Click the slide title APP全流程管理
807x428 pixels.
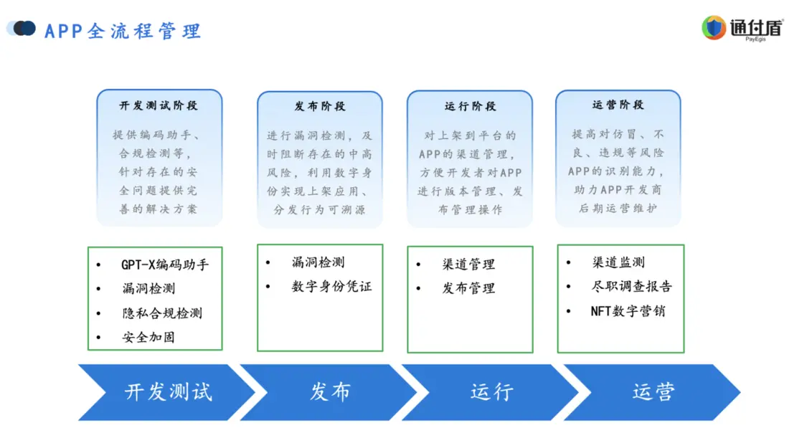pyautogui.click(x=123, y=32)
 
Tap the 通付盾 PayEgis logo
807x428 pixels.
pyautogui.click(x=742, y=28)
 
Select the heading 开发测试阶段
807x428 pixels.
pyautogui.click(x=159, y=105)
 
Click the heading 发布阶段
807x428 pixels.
pyautogui.click(x=319, y=106)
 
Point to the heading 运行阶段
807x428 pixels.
pyautogui.click(x=470, y=106)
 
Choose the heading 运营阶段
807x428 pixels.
pyautogui.click(x=618, y=105)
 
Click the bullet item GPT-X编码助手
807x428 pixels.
pyautogui.click(x=165, y=265)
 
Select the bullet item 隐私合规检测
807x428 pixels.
pyautogui.click(x=162, y=313)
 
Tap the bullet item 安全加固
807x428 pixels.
pyautogui.click(x=148, y=337)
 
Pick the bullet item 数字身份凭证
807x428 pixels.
pyautogui.click(x=331, y=287)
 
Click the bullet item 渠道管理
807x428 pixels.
pyautogui.click(x=468, y=265)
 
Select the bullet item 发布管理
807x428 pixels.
pyautogui.click(x=468, y=288)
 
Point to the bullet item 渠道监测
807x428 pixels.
pyautogui.click(x=618, y=262)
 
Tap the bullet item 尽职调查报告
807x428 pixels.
pyautogui.click(x=632, y=287)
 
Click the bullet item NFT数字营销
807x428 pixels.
pyautogui.click(x=628, y=311)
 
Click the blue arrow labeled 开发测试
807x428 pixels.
pyautogui.click(x=168, y=392)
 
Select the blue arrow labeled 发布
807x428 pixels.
pyautogui.click(x=330, y=392)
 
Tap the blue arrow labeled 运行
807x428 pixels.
pyautogui.click(x=491, y=392)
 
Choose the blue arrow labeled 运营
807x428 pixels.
pyautogui.click(x=653, y=392)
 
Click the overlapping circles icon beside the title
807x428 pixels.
pyautogui.click(x=22, y=29)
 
